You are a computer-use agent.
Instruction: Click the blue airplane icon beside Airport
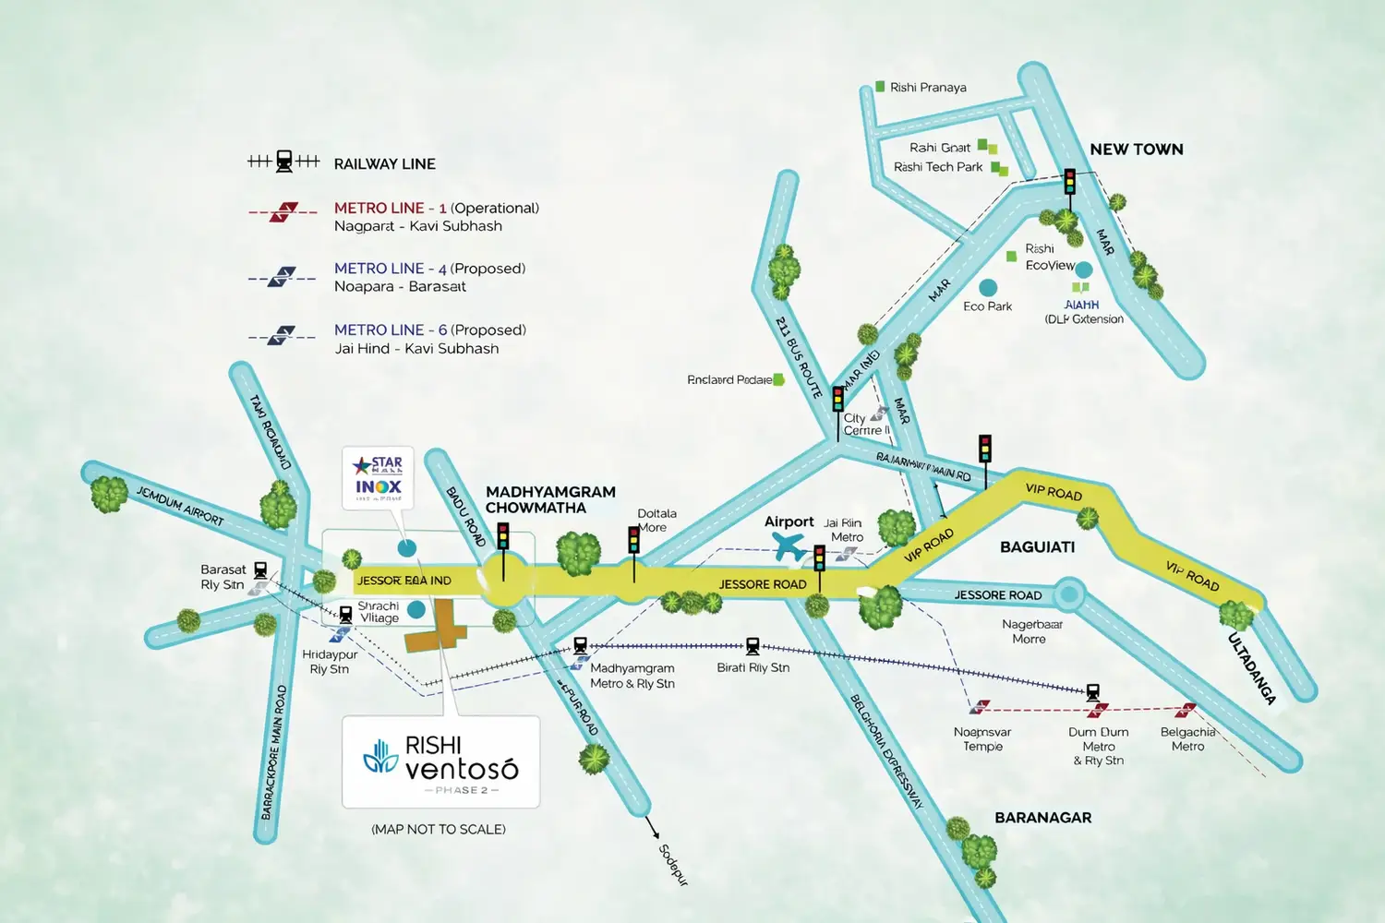point(790,546)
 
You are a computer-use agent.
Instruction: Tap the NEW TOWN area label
point(1136,150)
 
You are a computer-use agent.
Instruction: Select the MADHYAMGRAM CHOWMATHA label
point(550,499)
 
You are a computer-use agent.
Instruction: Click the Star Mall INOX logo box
point(379,477)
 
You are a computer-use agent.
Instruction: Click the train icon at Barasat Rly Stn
point(260,570)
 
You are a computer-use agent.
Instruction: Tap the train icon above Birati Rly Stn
point(753,646)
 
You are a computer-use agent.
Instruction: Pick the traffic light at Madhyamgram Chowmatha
point(503,536)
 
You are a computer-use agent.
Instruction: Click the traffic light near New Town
point(1069,181)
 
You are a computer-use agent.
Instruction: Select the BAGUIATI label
point(1037,547)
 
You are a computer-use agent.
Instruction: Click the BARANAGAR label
point(1042,818)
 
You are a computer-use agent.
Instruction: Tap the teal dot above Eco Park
point(988,288)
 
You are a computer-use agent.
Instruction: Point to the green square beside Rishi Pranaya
point(880,87)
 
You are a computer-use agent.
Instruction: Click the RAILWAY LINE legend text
point(384,164)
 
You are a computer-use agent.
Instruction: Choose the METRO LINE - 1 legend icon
point(283,212)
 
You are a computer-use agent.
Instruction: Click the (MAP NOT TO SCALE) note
point(439,829)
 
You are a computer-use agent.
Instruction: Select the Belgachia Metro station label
point(1187,738)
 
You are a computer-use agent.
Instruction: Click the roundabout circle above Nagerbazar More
point(1068,594)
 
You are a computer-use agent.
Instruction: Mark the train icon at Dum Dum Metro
point(1093,691)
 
